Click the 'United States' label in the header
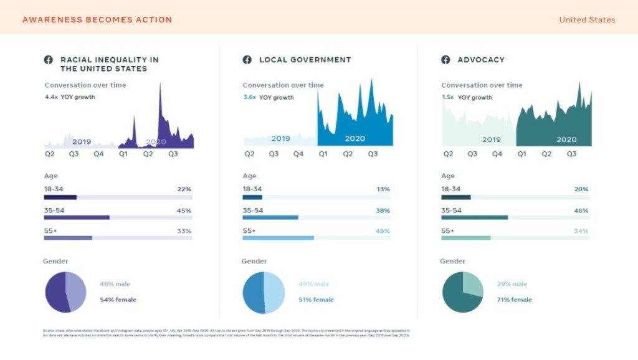[x=587, y=19]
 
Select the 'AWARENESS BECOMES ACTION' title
[x=97, y=19]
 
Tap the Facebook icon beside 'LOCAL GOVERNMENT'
[x=247, y=60]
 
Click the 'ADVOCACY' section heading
[x=481, y=60]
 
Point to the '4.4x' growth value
[x=51, y=97]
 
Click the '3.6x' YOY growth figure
[x=249, y=97]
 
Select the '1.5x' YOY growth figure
[x=447, y=97]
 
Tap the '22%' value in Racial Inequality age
[x=184, y=189]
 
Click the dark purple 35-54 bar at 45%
[x=77, y=217]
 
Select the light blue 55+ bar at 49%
[x=278, y=237]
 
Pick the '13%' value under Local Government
[x=383, y=189]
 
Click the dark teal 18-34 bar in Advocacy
[x=455, y=197]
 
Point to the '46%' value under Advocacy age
[x=581, y=211]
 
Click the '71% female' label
[x=514, y=300]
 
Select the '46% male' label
[x=115, y=284]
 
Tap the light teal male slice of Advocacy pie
[x=473, y=283]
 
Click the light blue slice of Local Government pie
[x=275, y=292]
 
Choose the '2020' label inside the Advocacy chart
[x=566, y=140]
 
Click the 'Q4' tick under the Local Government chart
[x=298, y=154]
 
